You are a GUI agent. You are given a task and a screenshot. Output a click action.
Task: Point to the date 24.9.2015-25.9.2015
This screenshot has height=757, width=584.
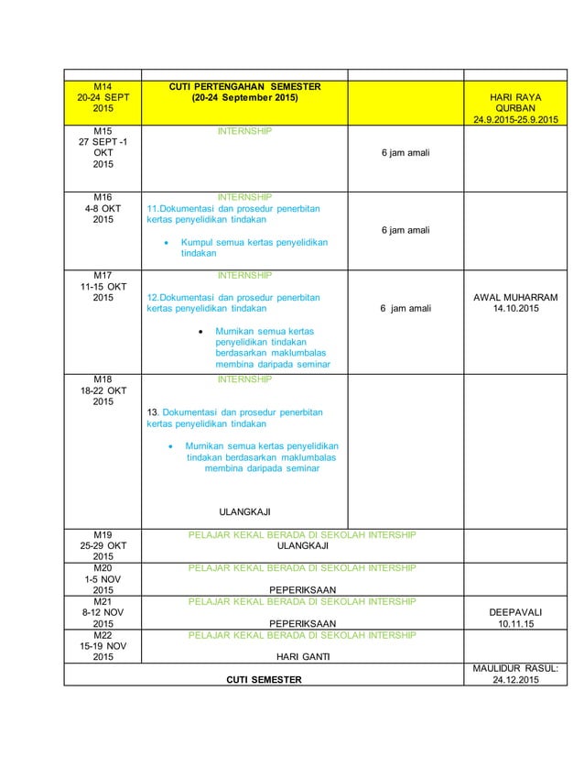pos(517,119)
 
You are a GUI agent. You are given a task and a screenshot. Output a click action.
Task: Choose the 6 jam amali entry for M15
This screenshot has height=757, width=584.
pos(406,152)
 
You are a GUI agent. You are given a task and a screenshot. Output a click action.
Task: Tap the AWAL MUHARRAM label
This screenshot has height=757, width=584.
pos(517,298)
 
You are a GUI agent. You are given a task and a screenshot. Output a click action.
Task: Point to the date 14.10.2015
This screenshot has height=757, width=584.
pos(517,310)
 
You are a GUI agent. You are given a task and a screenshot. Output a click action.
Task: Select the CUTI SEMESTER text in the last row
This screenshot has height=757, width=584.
pos(265,679)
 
